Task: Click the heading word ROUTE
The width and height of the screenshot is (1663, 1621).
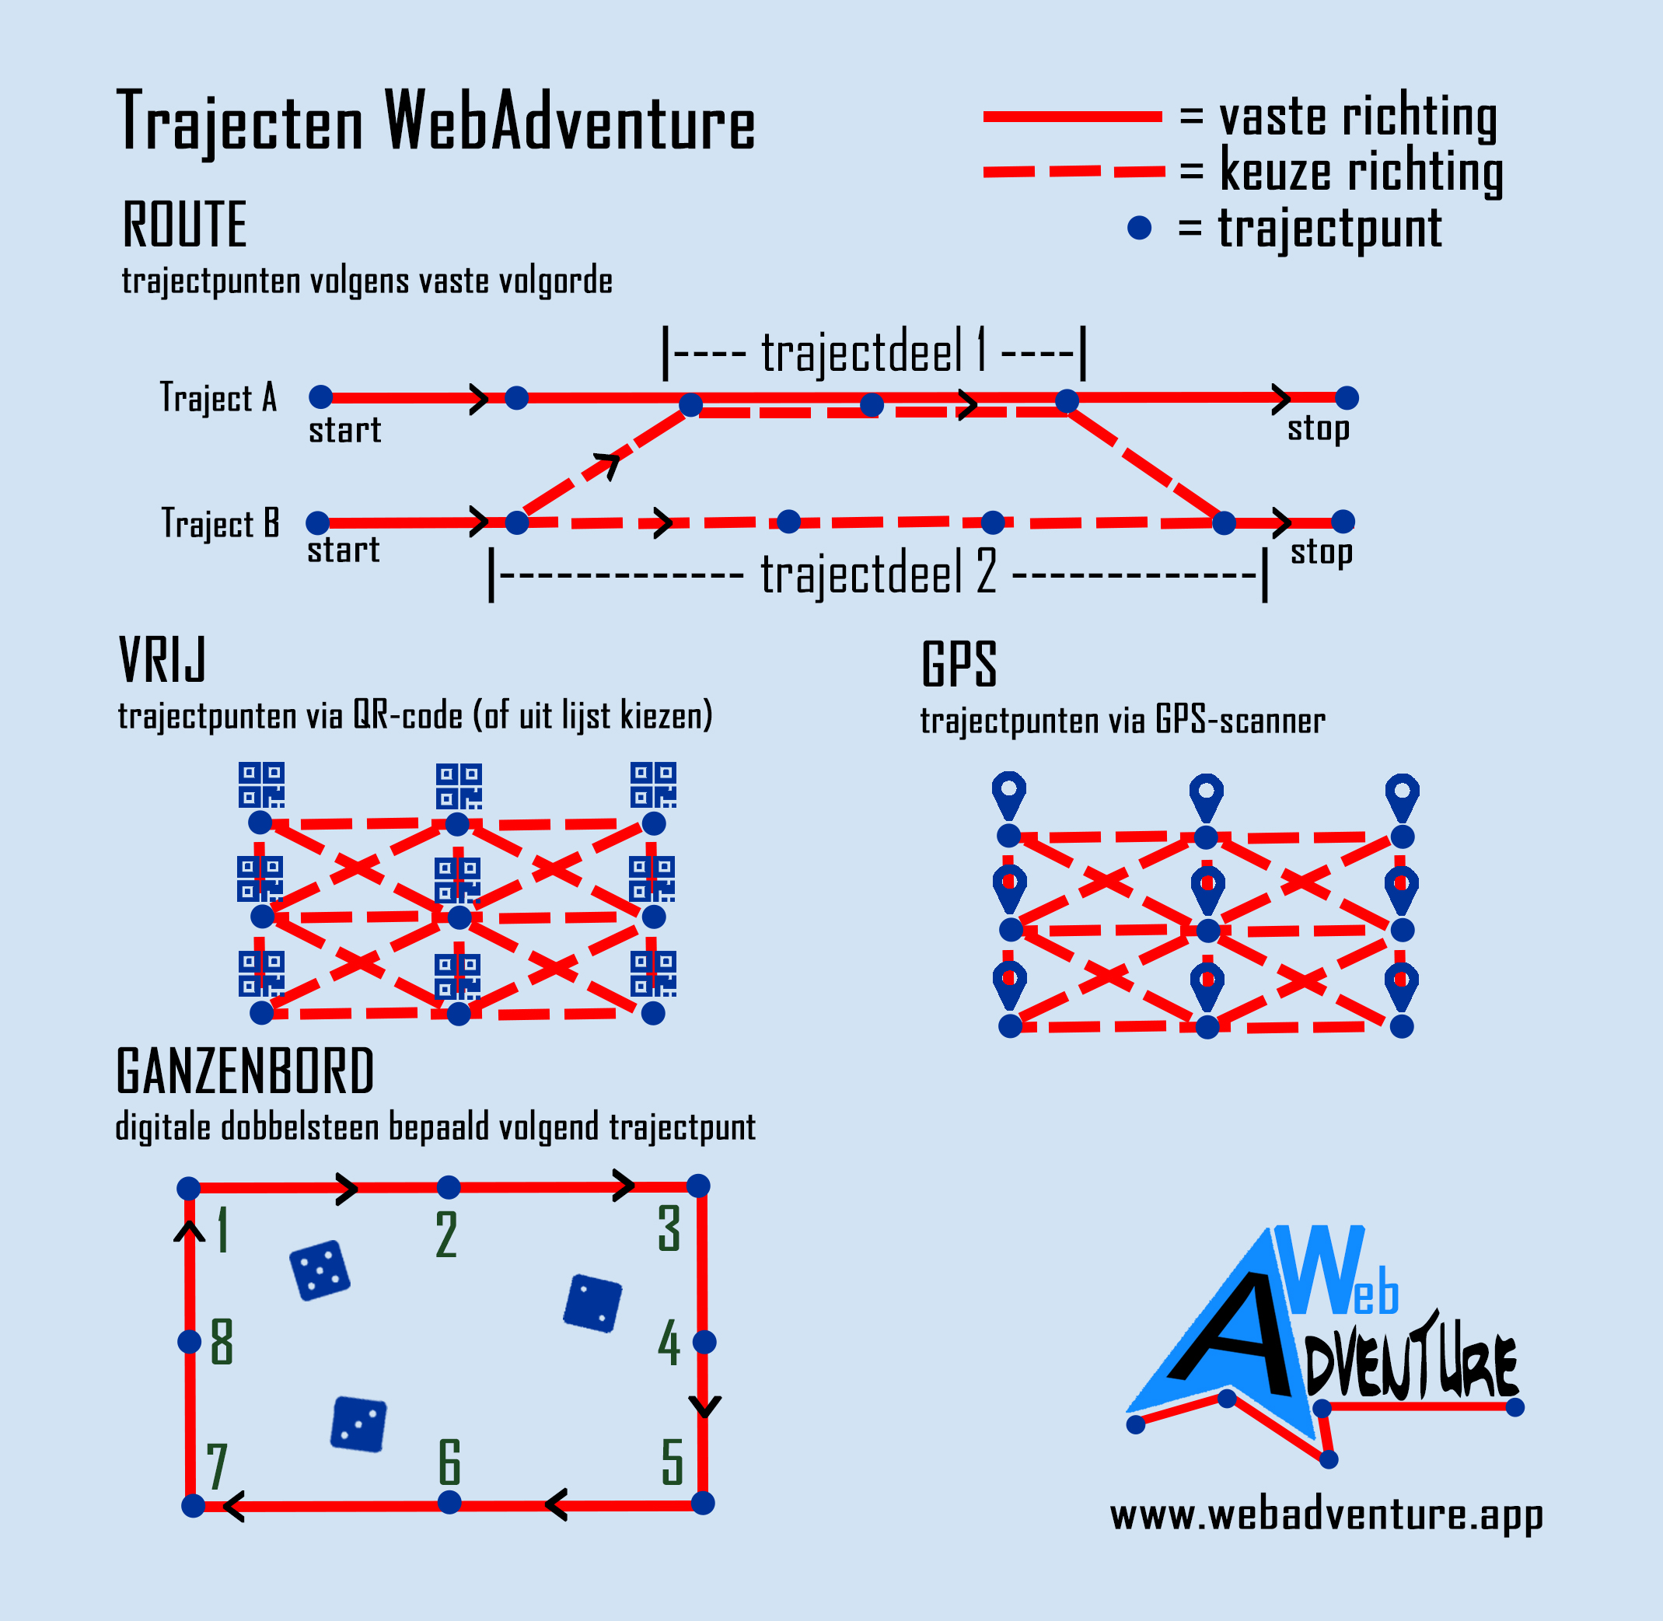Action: point(185,225)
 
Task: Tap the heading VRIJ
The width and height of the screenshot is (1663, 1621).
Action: point(162,660)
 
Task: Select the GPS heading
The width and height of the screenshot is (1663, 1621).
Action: point(959,665)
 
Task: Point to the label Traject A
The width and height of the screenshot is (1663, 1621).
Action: point(218,397)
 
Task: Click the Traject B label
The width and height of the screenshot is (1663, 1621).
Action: point(221,523)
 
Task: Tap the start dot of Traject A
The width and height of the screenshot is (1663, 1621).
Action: point(321,397)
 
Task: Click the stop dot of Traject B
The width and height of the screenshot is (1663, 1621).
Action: point(1343,522)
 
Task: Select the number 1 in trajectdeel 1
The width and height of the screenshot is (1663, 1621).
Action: point(982,350)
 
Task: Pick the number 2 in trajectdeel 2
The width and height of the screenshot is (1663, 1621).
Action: point(986,572)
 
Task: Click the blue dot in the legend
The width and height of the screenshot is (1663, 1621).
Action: point(1139,228)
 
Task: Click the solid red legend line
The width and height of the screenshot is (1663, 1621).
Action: point(1072,117)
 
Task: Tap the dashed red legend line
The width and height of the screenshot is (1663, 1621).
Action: point(1073,172)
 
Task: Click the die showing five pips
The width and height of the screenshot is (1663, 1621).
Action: point(320,1271)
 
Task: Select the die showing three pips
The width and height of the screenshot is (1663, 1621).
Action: point(358,1424)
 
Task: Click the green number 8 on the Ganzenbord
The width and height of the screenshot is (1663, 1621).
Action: point(222,1343)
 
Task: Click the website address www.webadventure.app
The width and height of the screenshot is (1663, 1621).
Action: point(1326,1539)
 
